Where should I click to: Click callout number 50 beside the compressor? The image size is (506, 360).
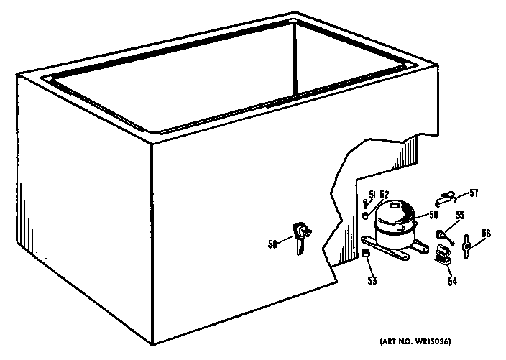click(433, 215)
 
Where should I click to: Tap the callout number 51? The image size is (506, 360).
click(373, 195)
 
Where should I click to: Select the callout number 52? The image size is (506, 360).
click(384, 195)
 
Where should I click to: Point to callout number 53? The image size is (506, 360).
click(372, 281)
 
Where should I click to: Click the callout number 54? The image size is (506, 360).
click(452, 281)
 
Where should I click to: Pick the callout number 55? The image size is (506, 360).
click(460, 215)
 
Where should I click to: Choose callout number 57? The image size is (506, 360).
click(474, 193)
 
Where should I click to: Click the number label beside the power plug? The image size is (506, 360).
click(272, 244)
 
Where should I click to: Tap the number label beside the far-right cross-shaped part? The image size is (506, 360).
click(486, 234)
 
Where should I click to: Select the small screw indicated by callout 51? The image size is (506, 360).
click(365, 204)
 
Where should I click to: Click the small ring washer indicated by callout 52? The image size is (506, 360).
click(366, 216)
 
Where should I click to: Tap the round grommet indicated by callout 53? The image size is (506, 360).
click(365, 254)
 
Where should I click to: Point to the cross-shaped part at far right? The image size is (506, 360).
click(466, 246)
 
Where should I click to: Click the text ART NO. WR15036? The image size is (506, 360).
click(415, 341)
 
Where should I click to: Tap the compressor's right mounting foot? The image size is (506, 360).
click(420, 246)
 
